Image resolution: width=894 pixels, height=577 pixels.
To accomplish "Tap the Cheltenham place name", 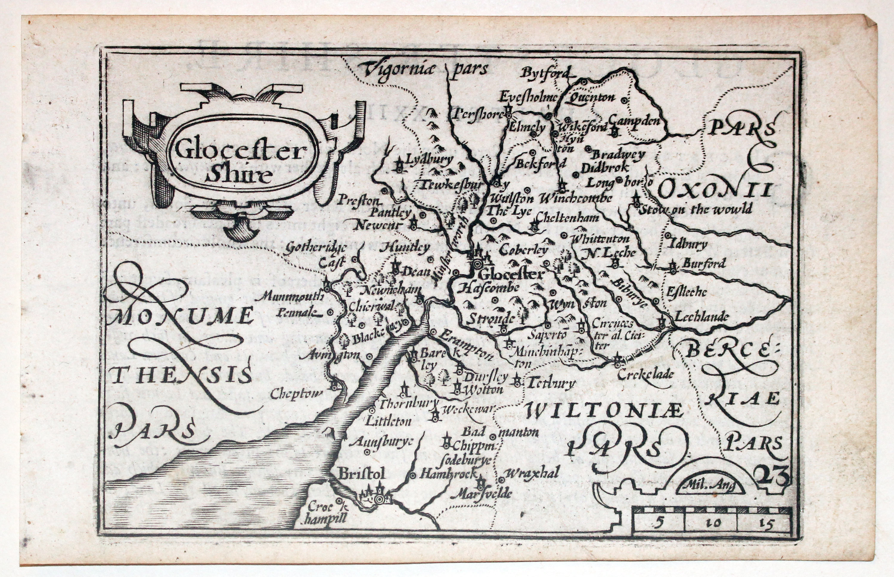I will [567, 217].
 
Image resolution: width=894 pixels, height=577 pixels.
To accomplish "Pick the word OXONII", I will [715, 190].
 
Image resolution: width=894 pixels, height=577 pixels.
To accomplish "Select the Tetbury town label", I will [551, 383].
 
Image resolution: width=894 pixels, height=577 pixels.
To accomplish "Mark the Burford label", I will [704, 263].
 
